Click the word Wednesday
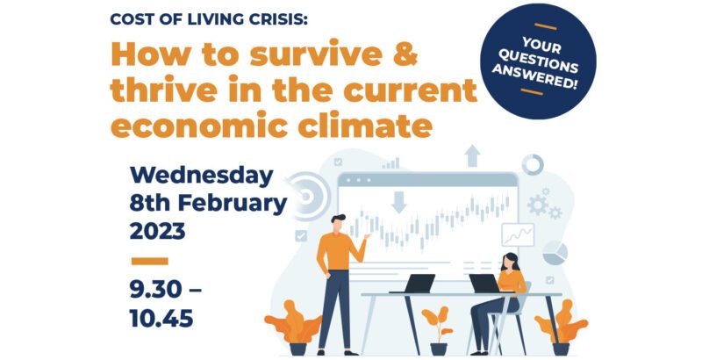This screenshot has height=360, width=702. coord(201,176)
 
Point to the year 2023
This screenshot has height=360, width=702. coord(157,232)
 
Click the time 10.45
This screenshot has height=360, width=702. coord(161,319)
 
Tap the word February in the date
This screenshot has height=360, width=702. coord(233,204)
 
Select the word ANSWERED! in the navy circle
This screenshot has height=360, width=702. coord(534,76)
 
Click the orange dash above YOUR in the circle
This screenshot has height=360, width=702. coord(545,26)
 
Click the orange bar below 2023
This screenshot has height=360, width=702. coord(149,261)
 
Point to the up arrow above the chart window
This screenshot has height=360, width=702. coord(472,155)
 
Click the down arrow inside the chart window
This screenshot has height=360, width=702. coord(398,202)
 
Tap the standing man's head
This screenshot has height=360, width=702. coord(338,222)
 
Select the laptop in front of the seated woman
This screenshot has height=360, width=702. coord(485,284)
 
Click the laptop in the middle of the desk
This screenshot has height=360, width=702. coord(415,284)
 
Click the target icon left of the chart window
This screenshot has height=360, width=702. coord(306,196)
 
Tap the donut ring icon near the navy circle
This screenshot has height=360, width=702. coord(533,165)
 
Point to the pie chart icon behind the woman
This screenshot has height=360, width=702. coord(555,253)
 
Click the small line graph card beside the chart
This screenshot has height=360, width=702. coord(518,234)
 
